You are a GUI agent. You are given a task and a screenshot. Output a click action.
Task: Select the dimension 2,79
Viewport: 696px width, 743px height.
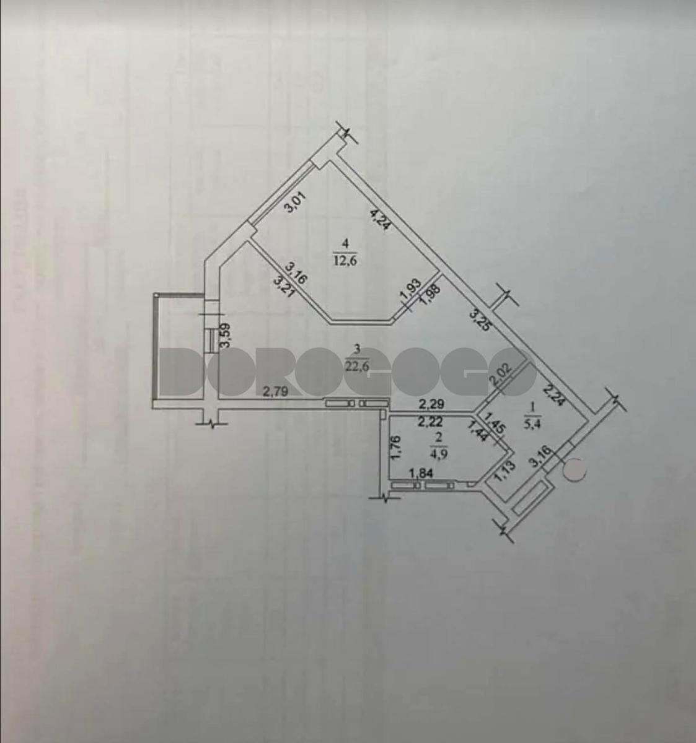coord(275,391)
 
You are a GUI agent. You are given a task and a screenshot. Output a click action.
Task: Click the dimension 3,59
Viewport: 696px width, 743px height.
coord(226,339)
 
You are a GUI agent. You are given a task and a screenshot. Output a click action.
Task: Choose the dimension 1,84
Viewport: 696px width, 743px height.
coord(420,473)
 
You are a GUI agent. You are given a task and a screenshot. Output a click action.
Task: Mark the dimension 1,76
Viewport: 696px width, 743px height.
coord(398,448)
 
